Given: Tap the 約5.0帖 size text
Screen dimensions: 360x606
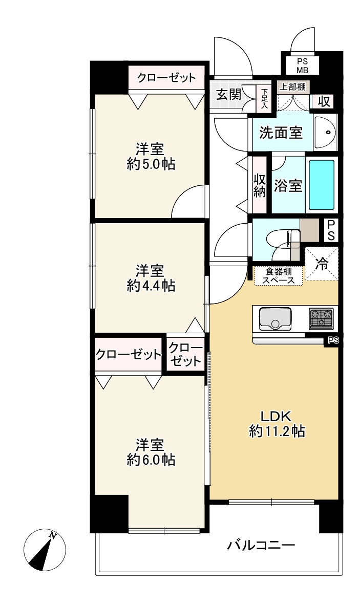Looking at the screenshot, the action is click(x=151, y=164).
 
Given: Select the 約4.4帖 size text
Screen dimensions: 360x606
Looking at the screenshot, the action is click(x=151, y=285).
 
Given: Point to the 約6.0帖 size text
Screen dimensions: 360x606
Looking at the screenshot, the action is click(x=151, y=460).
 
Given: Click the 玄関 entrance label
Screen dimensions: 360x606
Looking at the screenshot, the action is click(x=228, y=94).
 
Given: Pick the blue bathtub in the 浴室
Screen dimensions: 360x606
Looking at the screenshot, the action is click(x=321, y=185).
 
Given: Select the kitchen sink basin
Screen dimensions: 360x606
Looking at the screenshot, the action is click(x=275, y=318).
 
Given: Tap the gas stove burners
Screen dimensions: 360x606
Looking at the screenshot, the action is click(x=321, y=318).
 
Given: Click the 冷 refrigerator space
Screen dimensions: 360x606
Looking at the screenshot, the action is click(x=321, y=264).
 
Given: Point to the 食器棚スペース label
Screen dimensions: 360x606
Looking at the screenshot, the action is click(x=279, y=276).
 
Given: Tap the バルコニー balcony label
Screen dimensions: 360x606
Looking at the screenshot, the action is click(x=261, y=545).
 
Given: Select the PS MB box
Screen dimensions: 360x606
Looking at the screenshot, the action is click(x=302, y=66).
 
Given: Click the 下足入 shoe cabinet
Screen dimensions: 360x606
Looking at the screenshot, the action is click(x=264, y=99).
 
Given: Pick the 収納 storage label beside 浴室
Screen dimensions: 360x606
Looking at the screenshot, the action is click(x=260, y=185).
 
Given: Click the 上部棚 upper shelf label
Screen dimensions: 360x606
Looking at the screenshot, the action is click(x=293, y=86).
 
